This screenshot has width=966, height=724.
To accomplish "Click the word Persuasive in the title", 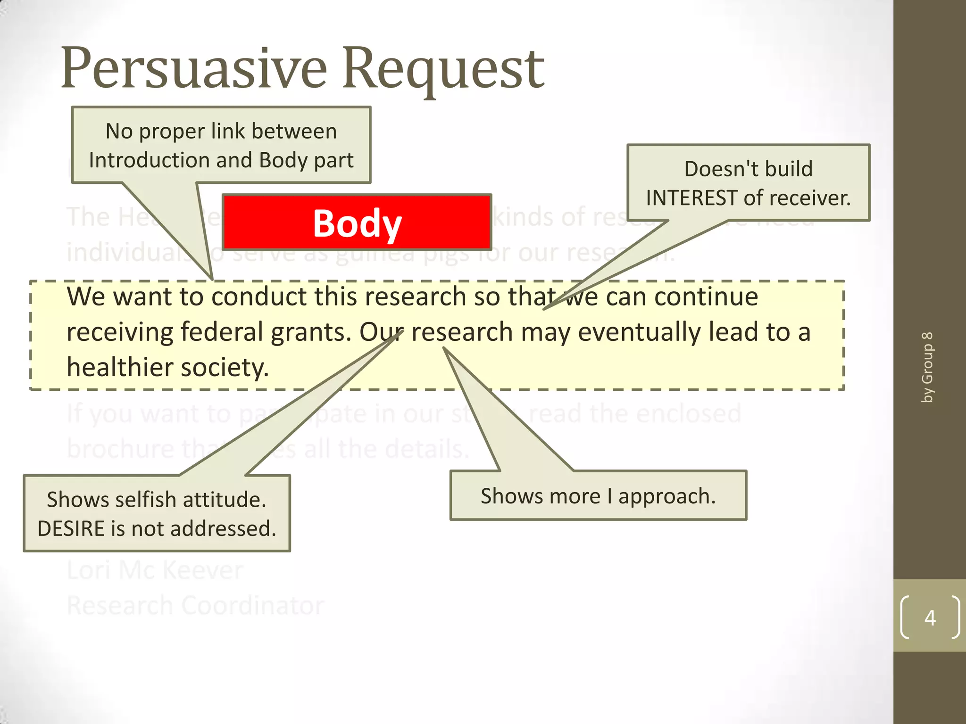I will (193, 68).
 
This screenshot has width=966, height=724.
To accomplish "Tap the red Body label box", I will (357, 222).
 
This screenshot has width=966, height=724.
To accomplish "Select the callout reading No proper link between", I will (221, 131).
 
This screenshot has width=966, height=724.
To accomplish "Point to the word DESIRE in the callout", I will (71, 529).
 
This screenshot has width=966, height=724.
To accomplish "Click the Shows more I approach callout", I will (598, 496).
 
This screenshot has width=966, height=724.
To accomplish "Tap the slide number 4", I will (930, 618).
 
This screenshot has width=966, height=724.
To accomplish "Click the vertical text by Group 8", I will (927, 367).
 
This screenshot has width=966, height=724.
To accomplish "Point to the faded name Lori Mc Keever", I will (155, 570).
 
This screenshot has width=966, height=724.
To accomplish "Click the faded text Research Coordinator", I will (195, 606).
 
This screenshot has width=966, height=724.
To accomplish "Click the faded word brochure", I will (120, 449).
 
